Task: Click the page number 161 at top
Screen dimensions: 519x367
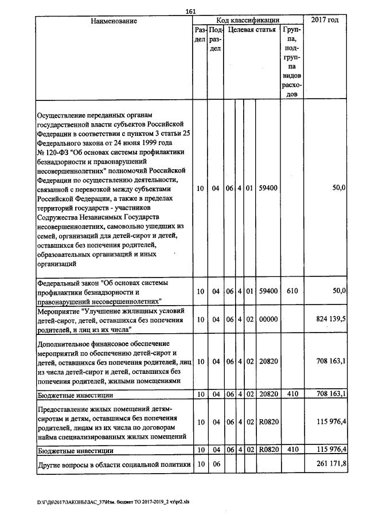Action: click(x=191, y=11)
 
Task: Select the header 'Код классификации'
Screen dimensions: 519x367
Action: click(x=248, y=20)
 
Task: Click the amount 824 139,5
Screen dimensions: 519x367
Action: click(x=330, y=319)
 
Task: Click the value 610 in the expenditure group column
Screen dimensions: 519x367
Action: click(x=291, y=291)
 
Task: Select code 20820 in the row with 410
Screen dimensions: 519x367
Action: click(x=268, y=395)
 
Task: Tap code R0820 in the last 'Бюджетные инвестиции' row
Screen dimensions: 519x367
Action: click(x=268, y=451)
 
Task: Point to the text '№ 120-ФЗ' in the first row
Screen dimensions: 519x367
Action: click(x=52, y=151)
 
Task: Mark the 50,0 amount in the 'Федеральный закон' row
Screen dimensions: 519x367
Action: click(x=338, y=291)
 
